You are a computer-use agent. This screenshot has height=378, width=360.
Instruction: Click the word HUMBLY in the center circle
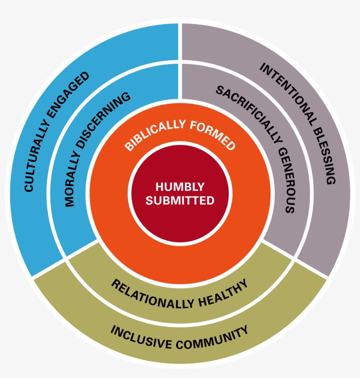[x=180, y=187]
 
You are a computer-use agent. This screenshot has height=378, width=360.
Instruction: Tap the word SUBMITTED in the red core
[x=180, y=201]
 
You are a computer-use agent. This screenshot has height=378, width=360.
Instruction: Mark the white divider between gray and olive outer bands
[x=312, y=268]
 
